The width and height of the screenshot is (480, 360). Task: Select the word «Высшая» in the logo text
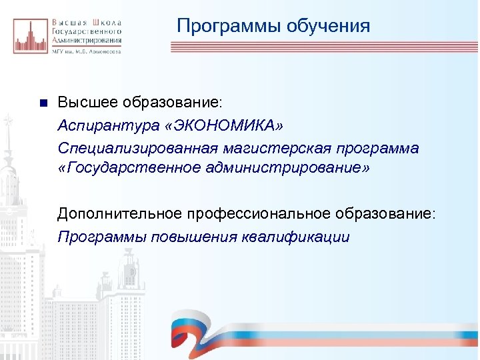point(68,21)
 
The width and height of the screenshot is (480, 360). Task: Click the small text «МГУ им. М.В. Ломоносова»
point(86,52)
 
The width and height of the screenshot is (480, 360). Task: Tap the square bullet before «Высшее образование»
point(41,103)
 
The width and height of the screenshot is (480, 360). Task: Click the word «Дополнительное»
point(115,214)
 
